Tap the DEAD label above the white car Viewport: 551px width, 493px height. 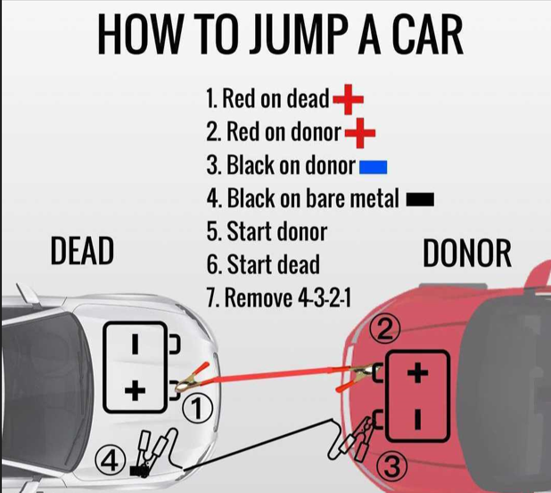(x=82, y=251)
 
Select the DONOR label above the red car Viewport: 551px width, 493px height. (x=467, y=253)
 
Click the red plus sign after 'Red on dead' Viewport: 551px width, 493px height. (x=348, y=99)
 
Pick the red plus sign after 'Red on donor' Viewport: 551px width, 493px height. (x=360, y=133)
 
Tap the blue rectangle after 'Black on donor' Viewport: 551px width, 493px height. (x=374, y=167)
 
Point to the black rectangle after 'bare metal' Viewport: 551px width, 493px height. (x=420, y=199)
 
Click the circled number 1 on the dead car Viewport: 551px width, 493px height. (x=198, y=409)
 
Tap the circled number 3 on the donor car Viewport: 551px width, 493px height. (x=392, y=467)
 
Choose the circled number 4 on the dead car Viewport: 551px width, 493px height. (x=111, y=460)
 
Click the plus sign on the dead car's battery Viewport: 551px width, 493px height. (x=136, y=390)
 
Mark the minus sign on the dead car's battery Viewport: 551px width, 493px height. (x=136, y=344)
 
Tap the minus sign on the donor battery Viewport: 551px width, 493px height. (x=417, y=419)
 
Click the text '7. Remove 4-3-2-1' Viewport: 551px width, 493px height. (x=279, y=297)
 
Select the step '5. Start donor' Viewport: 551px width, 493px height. (x=267, y=231)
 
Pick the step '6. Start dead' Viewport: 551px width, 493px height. (x=263, y=264)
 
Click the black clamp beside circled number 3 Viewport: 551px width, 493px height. (x=355, y=439)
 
